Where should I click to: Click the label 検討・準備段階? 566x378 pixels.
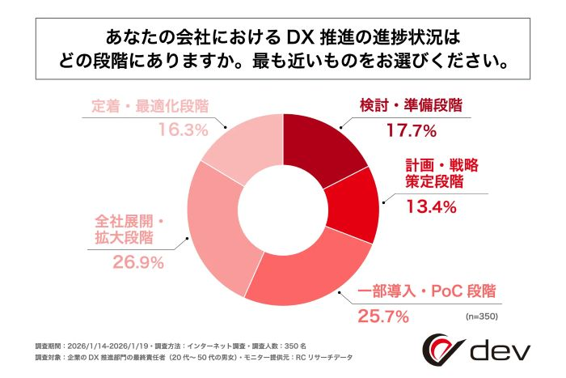coord(413,105)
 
